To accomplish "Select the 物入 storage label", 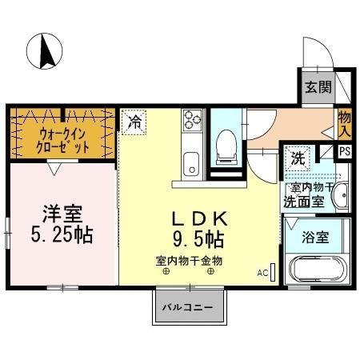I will [345, 124].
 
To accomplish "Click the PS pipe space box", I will [345, 150].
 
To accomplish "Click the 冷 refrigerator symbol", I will [134, 122].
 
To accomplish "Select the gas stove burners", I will [193, 121].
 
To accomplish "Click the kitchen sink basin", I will [192, 165].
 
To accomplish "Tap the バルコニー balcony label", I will [185, 307].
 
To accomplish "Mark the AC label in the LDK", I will [262, 273].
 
